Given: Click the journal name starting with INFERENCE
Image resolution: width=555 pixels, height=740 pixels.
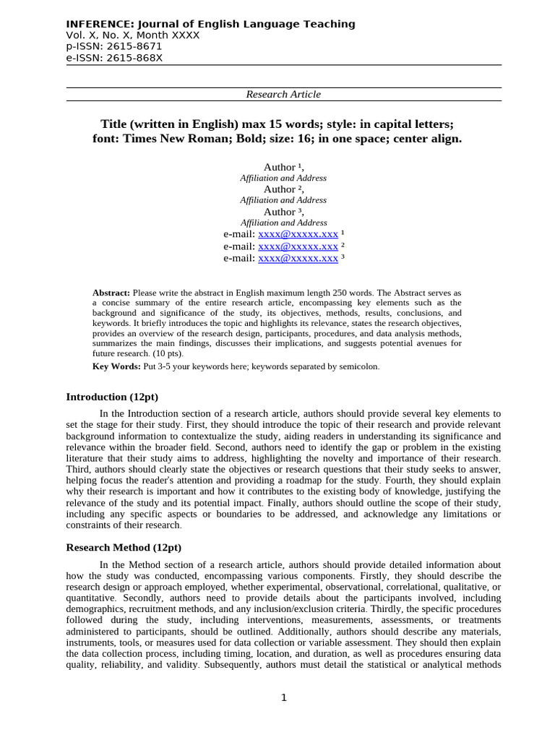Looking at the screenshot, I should coord(210,24).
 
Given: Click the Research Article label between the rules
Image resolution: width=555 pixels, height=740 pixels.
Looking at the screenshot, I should coord(283,94).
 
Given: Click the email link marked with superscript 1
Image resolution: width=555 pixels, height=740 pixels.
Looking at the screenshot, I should coord(298,235).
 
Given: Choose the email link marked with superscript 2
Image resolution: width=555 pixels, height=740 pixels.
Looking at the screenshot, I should coord(298,246).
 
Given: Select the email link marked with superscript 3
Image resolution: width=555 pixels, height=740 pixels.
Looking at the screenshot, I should coord(298,258).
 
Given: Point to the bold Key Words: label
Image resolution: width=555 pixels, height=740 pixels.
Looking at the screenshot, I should coord(116,366).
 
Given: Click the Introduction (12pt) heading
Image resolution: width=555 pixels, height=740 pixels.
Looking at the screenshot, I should coord(112,397).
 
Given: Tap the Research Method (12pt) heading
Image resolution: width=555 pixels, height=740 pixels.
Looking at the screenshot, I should coord(124,547).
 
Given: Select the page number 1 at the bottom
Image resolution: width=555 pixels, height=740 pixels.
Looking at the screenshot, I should coord(284,697).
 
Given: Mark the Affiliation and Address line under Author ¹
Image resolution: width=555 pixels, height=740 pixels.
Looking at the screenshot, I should coord(283,178).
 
